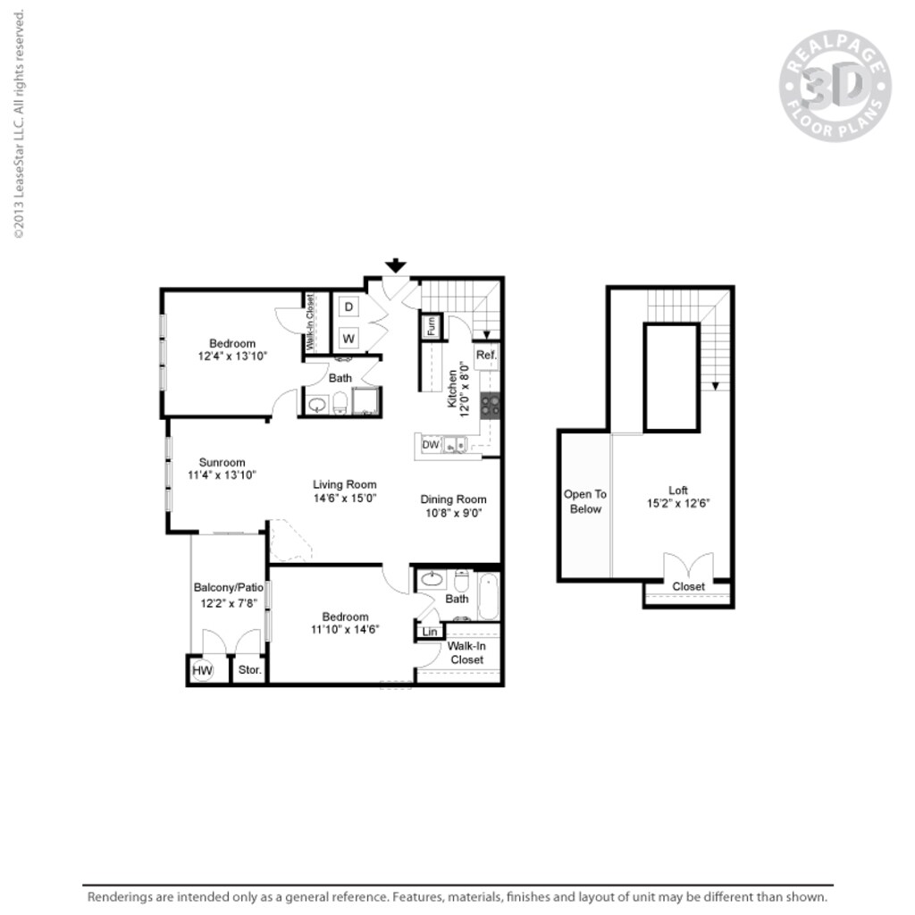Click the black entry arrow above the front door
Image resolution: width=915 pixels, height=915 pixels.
coord(396,265)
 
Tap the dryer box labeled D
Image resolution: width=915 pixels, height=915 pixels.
coord(349,306)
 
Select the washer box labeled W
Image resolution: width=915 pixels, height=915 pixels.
coord(349,339)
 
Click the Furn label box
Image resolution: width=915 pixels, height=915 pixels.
coord(431,326)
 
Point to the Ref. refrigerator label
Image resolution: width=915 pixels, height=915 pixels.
coord(485,355)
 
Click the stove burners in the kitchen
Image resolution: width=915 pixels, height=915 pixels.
coord(490,406)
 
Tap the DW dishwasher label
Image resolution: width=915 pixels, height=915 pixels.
coord(430,444)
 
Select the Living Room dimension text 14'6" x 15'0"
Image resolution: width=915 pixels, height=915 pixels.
coord(344,499)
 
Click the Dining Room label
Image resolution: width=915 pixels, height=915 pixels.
coord(453,499)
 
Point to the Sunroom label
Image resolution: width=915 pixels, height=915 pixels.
coord(222,462)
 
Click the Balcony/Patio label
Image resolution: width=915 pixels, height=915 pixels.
coord(228,588)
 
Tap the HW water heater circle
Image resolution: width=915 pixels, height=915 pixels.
coord(202,670)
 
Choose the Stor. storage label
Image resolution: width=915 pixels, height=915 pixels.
coord(248,670)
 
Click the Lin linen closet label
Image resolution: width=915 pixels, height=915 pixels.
coord(429,632)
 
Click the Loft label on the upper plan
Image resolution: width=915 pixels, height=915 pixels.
coord(678,490)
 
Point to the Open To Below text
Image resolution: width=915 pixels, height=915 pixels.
coord(584,501)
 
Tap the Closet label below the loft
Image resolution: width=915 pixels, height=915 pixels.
coord(688,587)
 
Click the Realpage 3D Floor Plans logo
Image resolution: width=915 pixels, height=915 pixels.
coord(835,87)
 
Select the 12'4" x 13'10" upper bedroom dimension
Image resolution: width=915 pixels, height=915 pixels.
coord(232,356)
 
